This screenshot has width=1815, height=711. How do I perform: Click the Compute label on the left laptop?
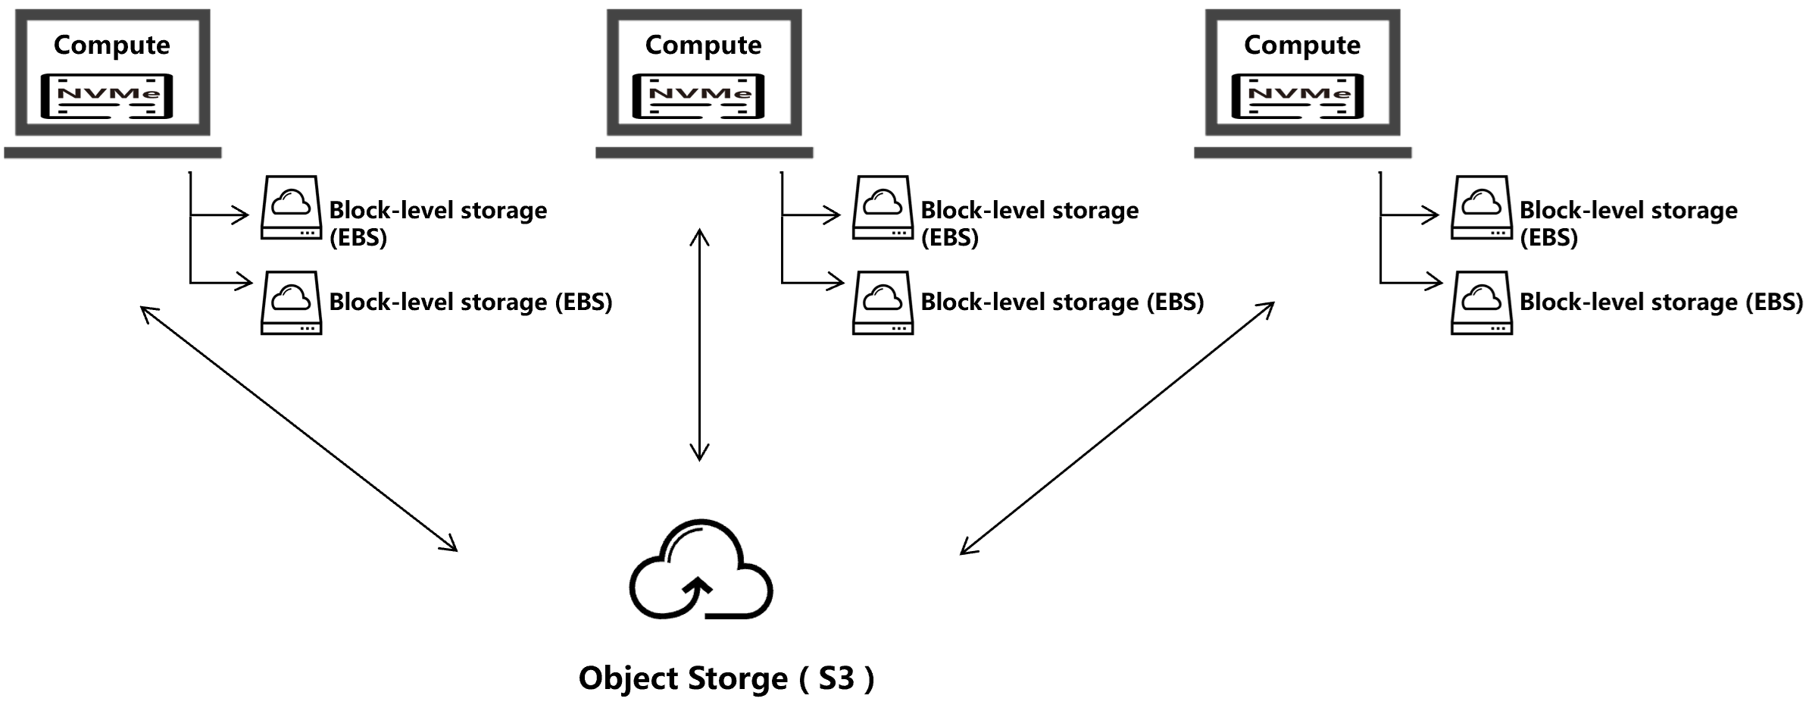[x=111, y=45]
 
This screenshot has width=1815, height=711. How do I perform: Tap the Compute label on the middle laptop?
[x=703, y=45]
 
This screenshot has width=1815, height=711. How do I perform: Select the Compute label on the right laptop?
[x=1301, y=45]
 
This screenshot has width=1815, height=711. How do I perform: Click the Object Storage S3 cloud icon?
[x=701, y=570]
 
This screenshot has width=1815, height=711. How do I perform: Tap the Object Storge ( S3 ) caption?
[x=726, y=678]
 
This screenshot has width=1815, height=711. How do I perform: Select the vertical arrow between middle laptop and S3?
[x=699, y=345]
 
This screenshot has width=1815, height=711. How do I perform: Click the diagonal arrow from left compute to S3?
[x=299, y=428]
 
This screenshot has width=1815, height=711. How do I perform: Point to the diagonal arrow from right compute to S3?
[x=1117, y=428]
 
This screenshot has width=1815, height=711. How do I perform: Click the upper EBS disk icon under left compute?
[x=292, y=208]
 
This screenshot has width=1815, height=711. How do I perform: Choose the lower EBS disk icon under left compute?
[x=292, y=302]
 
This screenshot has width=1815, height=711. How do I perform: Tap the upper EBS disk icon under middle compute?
[x=883, y=208]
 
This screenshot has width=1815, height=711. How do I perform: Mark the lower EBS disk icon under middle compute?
[x=883, y=302]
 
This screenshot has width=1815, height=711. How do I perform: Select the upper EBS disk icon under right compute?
[x=1482, y=208]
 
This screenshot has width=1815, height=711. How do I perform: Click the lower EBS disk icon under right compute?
[x=1482, y=302]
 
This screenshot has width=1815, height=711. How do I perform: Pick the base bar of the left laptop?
[x=112, y=152]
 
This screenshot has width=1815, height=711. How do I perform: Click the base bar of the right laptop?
[x=1302, y=152]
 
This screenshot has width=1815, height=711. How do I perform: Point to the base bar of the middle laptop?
[x=704, y=152]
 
